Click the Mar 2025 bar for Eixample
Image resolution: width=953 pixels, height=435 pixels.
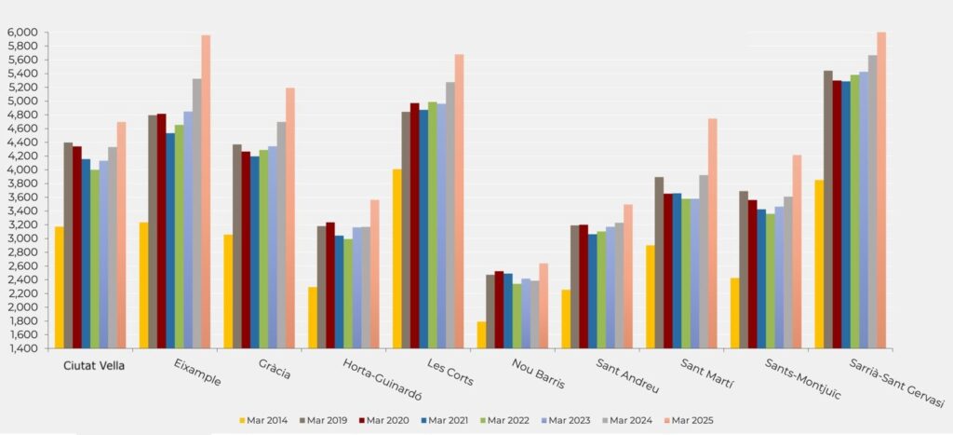206,192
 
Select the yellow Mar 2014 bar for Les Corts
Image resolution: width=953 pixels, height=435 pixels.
396,259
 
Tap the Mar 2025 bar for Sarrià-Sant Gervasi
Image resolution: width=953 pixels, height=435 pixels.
881,191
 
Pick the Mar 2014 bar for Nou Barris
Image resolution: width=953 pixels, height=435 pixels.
481,334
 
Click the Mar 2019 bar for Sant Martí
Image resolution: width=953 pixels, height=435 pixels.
659,263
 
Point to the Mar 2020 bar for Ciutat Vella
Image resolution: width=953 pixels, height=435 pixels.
77,247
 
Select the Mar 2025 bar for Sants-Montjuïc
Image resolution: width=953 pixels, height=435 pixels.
797,251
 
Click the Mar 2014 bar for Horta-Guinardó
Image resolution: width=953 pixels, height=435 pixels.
313,318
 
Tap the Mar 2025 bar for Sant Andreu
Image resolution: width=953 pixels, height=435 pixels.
628,277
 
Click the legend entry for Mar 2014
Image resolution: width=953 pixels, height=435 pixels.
263,420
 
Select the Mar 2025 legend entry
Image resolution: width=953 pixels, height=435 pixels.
688,420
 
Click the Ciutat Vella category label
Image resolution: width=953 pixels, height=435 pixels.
93,365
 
